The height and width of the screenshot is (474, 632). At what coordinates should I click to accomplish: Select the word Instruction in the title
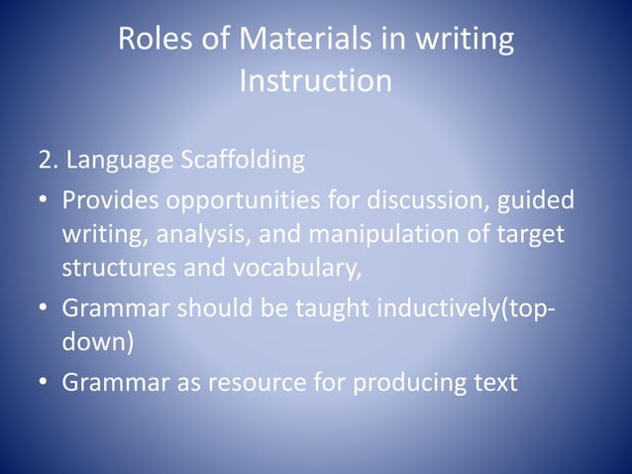[x=316, y=81]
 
